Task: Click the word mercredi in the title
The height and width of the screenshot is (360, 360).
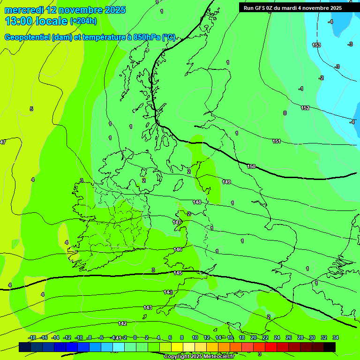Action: point(23,10)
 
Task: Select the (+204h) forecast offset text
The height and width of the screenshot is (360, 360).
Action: point(83,21)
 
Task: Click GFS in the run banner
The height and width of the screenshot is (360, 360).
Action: point(262,8)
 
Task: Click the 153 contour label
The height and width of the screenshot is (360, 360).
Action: point(316,45)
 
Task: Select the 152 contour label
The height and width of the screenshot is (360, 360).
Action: point(305,108)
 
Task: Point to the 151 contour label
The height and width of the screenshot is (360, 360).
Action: point(277,142)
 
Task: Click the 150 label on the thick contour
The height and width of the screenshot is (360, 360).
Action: point(252,167)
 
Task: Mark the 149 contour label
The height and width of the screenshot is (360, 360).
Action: point(227,182)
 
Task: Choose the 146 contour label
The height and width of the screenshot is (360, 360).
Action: point(178,250)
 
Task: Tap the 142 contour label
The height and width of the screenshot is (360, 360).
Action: point(123,324)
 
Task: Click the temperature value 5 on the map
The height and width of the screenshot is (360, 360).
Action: point(31,109)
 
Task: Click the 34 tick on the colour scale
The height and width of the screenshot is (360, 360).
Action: point(336,337)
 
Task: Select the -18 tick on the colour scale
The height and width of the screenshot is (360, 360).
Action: point(32,337)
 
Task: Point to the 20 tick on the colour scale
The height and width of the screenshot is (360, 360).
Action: point(254,337)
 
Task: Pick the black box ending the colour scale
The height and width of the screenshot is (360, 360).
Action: point(330,347)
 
